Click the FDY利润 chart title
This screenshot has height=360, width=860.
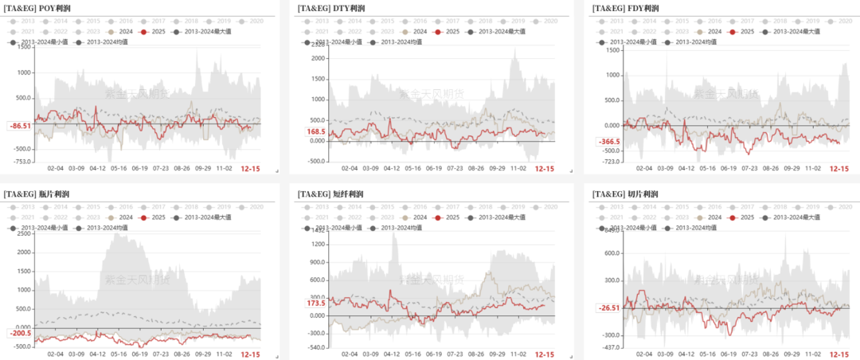626,7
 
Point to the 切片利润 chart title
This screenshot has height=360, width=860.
625,194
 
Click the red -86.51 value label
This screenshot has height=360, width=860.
19,126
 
